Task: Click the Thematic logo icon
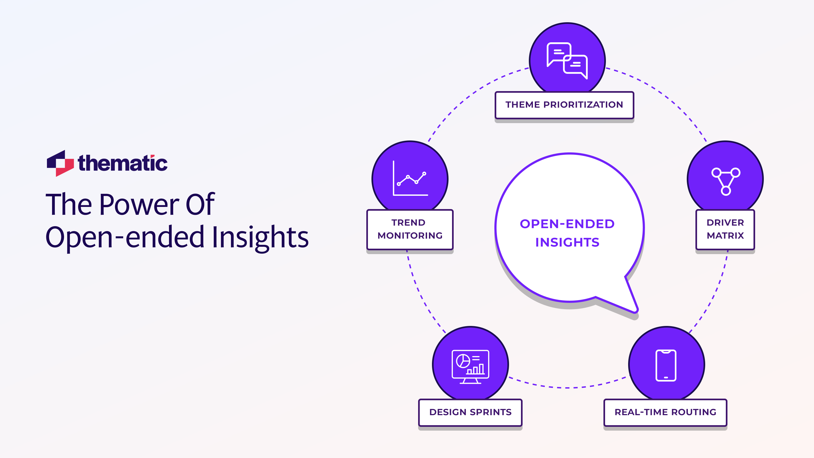[x=60, y=163]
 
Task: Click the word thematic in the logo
[x=123, y=163]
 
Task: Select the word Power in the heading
[x=140, y=205]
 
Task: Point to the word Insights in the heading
[x=260, y=238]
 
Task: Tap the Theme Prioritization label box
[x=564, y=105]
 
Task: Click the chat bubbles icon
[x=567, y=60]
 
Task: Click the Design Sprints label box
[x=470, y=412]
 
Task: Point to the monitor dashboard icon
[x=470, y=366]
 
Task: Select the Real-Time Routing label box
[x=665, y=412]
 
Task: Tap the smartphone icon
[x=666, y=366]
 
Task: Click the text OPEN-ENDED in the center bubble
[x=567, y=224]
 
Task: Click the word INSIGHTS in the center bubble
[x=567, y=242]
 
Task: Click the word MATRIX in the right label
[x=725, y=236]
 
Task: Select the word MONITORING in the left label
[x=410, y=236]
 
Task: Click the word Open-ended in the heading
[x=125, y=238]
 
